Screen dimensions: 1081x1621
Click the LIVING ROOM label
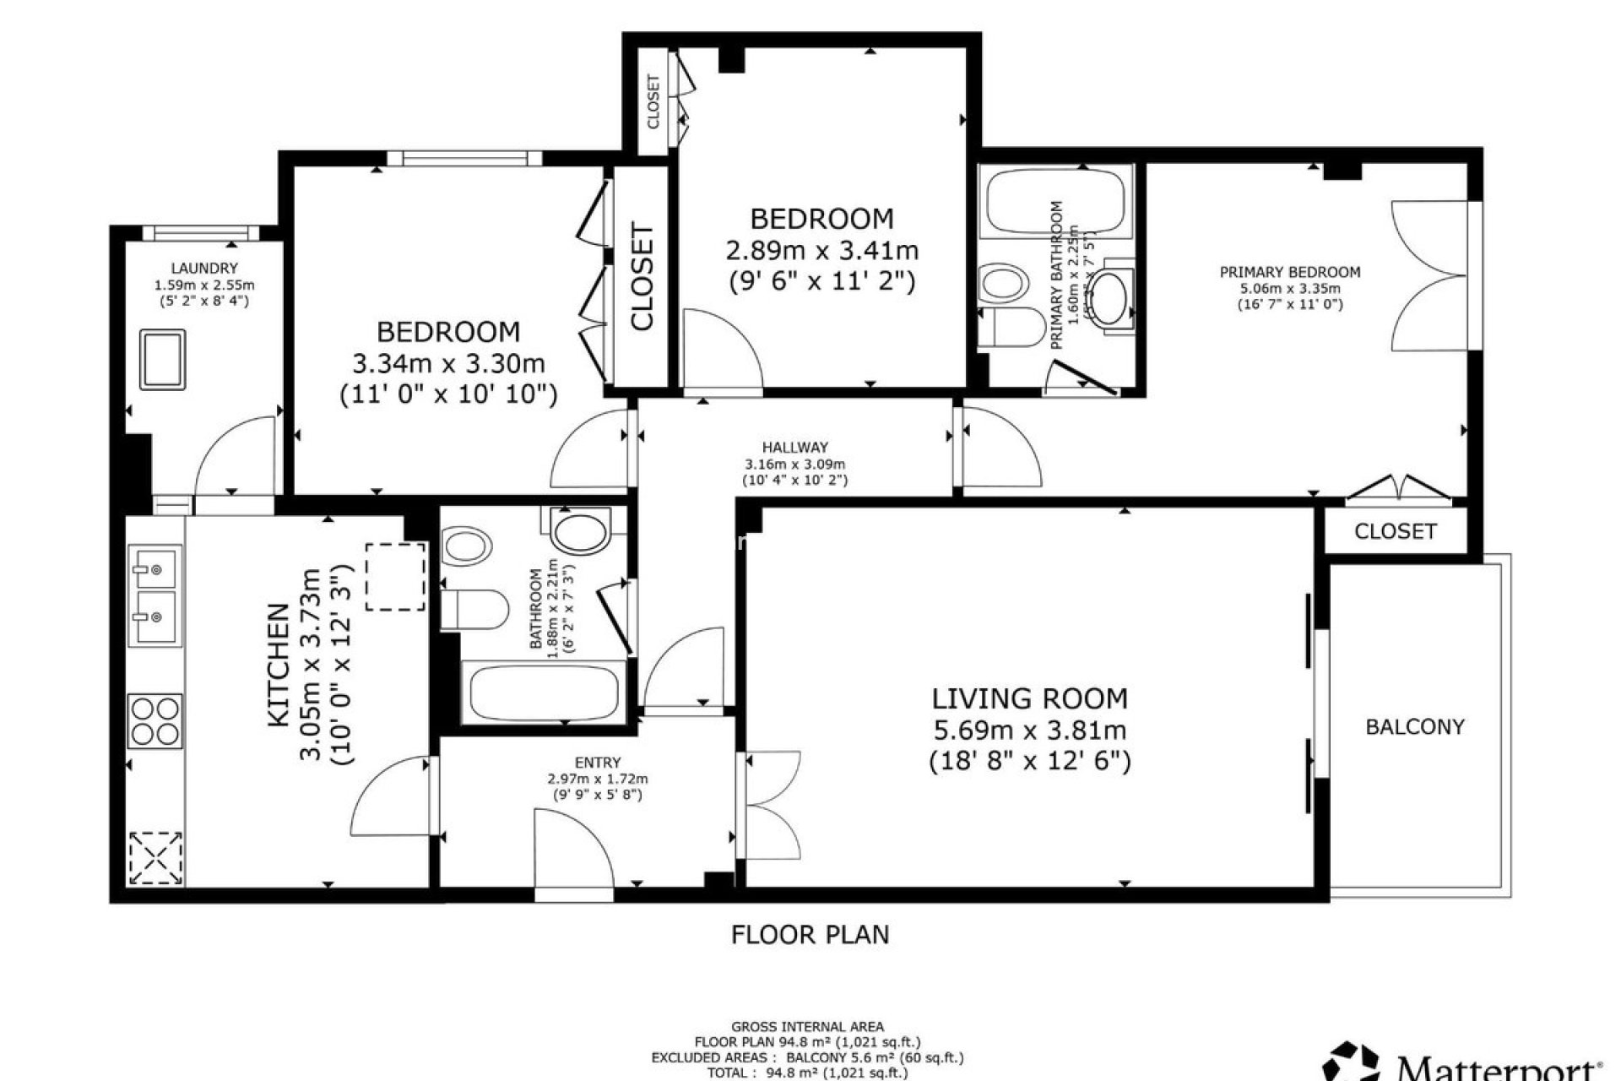coord(1029,698)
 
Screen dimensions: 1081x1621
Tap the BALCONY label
coord(1415,726)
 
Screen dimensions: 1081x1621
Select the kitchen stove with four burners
coord(155,720)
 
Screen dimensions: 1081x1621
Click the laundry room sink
coord(163,360)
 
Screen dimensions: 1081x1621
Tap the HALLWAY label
coord(794,448)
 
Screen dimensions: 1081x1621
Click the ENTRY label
coord(598,763)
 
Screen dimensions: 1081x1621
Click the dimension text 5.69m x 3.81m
coord(1029,730)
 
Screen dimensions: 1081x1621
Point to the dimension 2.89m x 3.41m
coord(821,251)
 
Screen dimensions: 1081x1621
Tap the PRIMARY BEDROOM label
coord(1289,272)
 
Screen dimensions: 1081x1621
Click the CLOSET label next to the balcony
coord(1395,531)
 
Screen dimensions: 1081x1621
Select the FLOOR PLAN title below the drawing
coord(810,935)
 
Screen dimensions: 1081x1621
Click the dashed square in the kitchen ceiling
coord(395,577)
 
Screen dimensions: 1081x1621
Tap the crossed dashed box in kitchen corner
coord(156,857)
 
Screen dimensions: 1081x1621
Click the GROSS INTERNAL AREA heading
coord(807,1027)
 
